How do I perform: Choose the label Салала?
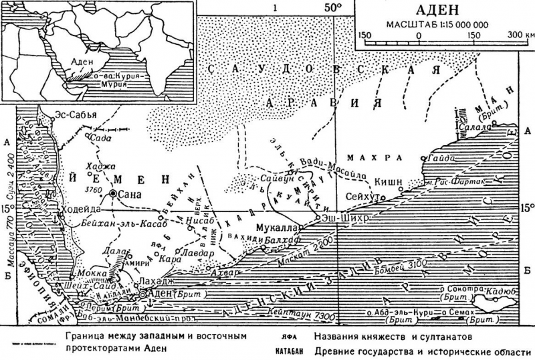(x=476, y=126)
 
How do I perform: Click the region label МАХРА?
(x=378, y=158)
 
